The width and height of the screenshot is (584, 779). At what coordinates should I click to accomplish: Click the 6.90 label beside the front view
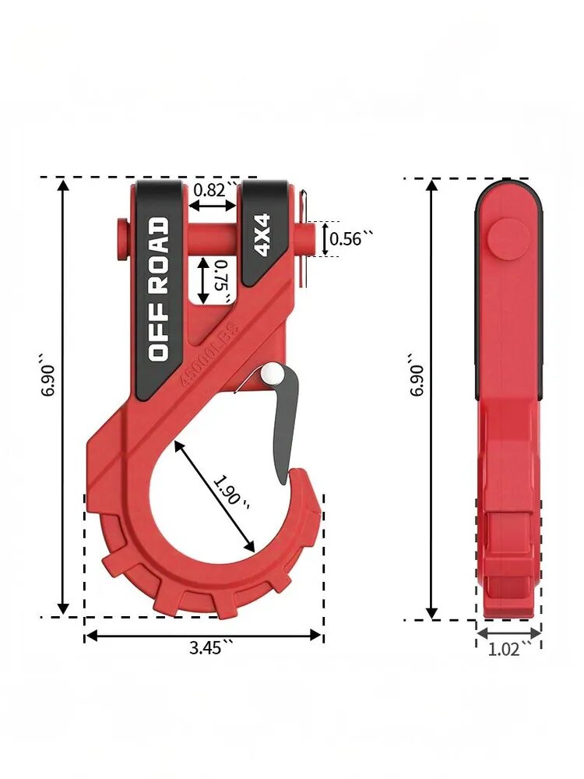point(50,375)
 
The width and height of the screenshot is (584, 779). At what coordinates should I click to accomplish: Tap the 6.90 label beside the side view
point(417,375)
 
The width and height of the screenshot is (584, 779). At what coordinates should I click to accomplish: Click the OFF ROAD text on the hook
point(159,289)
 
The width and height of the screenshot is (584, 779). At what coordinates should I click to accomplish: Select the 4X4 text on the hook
point(262,234)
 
